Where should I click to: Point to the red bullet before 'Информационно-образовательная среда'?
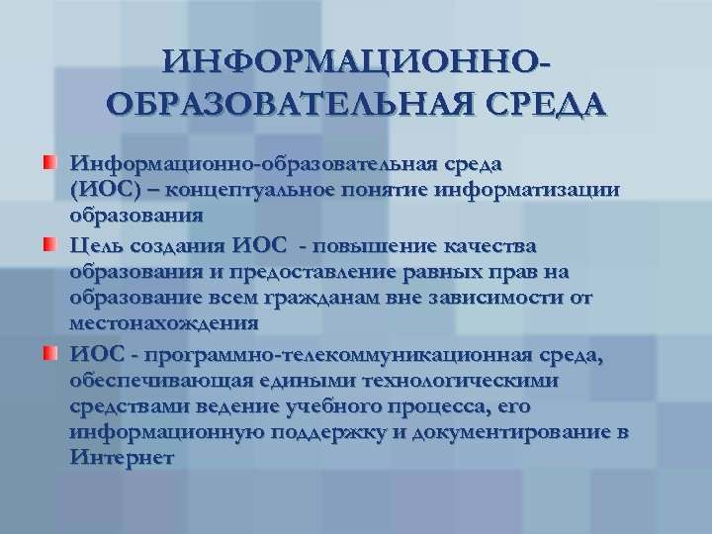click(48, 161)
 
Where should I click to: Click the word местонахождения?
click(163, 323)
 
